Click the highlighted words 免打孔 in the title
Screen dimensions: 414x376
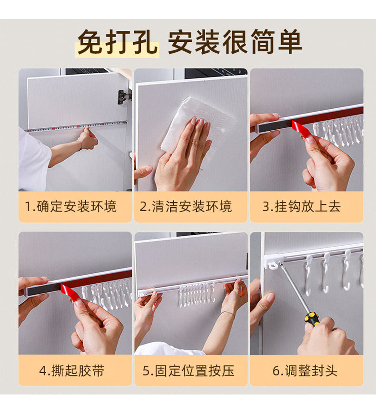(x=117, y=42)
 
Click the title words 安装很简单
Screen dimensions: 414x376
(x=235, y=42)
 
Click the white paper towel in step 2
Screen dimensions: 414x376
(x=190, y=121)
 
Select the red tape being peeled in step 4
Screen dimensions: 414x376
(x=70, y=291)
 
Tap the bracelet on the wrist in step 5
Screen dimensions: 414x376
(x=228, y=313)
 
